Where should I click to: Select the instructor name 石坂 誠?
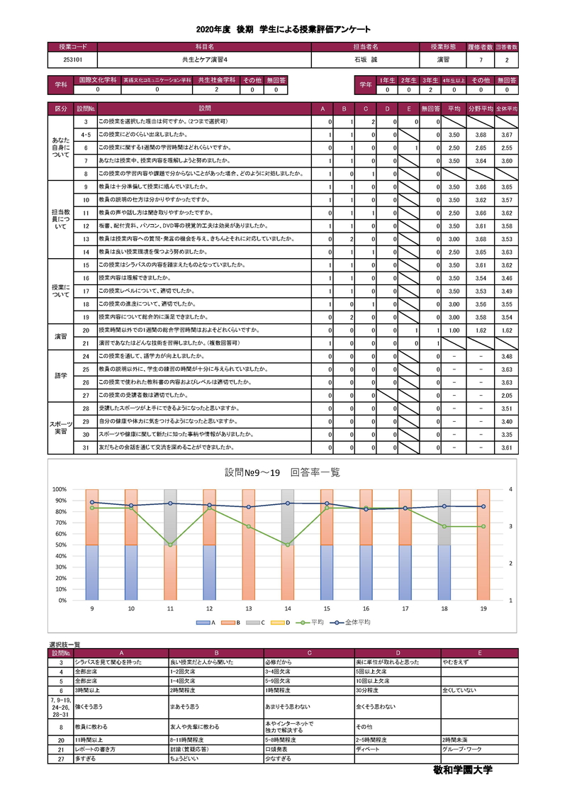(365, 60)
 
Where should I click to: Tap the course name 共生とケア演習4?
(204, 60)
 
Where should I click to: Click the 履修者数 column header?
(480, 47)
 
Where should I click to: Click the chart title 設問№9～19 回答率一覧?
(282, 472)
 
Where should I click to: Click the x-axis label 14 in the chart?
(288, 608)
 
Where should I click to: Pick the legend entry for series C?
(257, 621)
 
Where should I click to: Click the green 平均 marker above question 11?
(170, 545)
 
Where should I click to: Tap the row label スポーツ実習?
(62, 428)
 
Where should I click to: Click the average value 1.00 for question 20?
(456, 330)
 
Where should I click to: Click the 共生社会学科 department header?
(215, 81)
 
